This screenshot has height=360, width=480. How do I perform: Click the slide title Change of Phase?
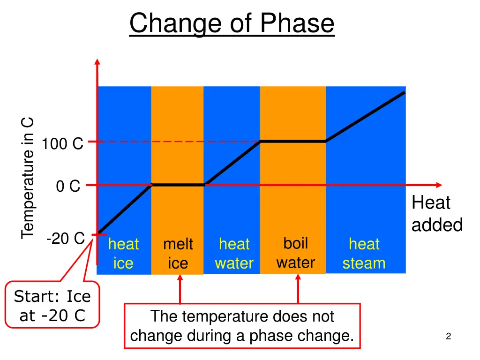click(232, 23)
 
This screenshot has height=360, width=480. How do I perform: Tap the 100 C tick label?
click(62, 144)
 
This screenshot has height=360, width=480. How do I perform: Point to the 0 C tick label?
click(68, 187)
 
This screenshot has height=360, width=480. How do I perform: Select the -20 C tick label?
click(65, 239)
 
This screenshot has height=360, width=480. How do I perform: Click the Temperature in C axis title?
click(28, 178)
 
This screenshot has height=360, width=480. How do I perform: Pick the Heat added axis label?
click(437, 214)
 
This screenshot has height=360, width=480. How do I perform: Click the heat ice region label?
click(123, 254)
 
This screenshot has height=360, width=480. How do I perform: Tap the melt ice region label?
click(178, 254)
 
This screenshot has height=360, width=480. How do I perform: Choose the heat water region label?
click(234, 254)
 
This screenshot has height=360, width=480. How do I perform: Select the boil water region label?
click(295, 253)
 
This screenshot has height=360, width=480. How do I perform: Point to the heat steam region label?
click(364, 254)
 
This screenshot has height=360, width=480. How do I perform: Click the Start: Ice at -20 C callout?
click(52, 306)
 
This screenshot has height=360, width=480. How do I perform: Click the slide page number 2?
click(449, 336)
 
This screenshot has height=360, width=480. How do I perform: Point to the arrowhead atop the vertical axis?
click(97, 61)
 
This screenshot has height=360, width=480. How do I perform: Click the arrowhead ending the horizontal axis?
click(439, 185)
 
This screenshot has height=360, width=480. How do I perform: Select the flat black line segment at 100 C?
click(293, 141)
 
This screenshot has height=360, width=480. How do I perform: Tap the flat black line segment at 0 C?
click(179, 185)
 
